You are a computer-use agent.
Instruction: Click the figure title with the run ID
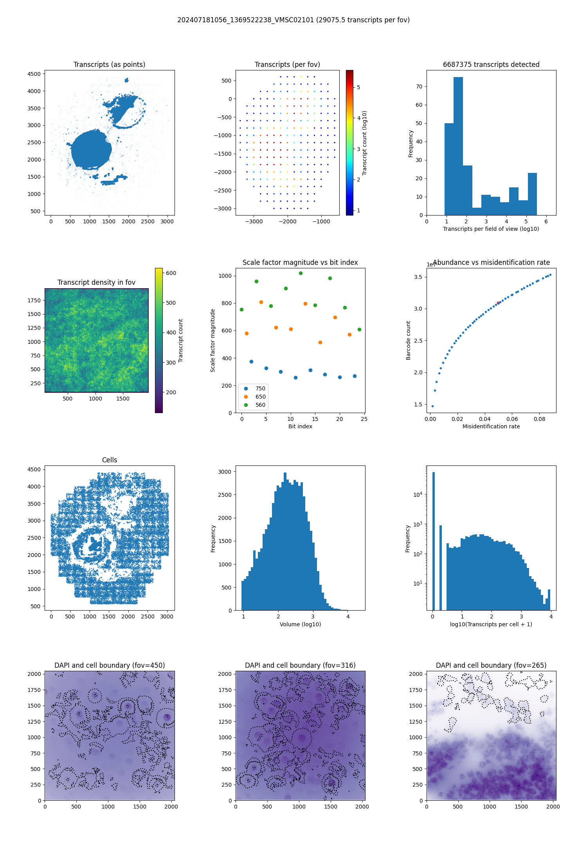click(293, 20)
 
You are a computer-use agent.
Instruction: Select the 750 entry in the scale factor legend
click(260, 388)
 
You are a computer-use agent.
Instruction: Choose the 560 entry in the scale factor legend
click(260, 405)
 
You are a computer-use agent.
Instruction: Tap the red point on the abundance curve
click(498, 303)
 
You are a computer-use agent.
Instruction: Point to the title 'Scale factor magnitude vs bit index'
click(300, 262)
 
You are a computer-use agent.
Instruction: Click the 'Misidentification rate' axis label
click(491, 426)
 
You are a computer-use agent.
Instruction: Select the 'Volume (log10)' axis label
click(300, 624)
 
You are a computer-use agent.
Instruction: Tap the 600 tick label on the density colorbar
click(171, 273)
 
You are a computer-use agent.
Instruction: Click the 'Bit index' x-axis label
click(300, 426)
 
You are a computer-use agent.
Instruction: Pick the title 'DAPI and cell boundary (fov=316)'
click(300, 665)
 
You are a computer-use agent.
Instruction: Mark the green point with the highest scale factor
click(301, 273)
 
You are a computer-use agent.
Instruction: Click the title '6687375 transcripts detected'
click(491, 65)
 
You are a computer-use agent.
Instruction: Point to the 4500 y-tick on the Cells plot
click(34, 469)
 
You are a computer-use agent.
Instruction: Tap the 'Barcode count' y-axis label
click(408, 340)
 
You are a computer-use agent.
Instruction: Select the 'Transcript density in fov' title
click(96, 282)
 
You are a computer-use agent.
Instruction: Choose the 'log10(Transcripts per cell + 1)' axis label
click(491, 624)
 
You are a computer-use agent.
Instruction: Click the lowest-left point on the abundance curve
click(432, 406)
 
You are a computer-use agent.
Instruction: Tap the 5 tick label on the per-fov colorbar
click(358, 87)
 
